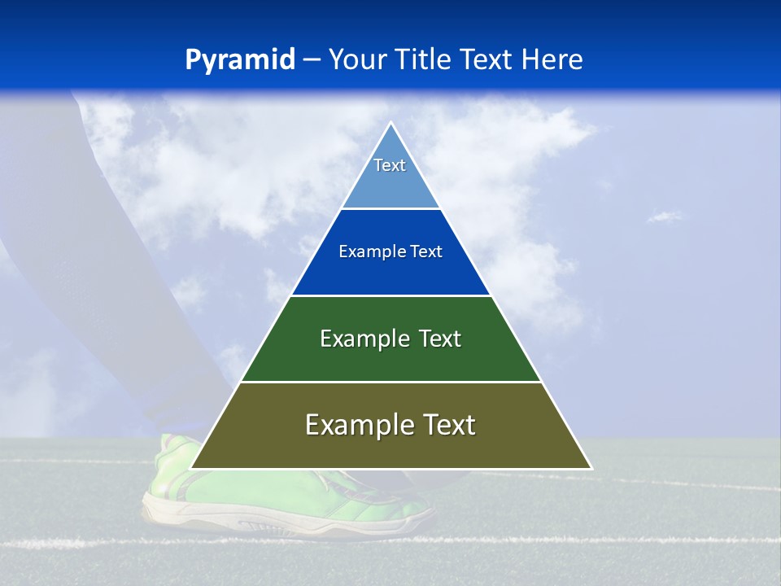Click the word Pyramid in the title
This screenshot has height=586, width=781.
[x=240, y=60]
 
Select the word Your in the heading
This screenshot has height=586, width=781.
[x=358, y=60]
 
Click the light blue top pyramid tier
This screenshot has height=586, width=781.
[x=390, y=183]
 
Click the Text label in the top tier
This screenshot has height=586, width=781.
[x=390, y=165]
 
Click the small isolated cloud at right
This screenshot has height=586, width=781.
[x=665, y=216]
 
